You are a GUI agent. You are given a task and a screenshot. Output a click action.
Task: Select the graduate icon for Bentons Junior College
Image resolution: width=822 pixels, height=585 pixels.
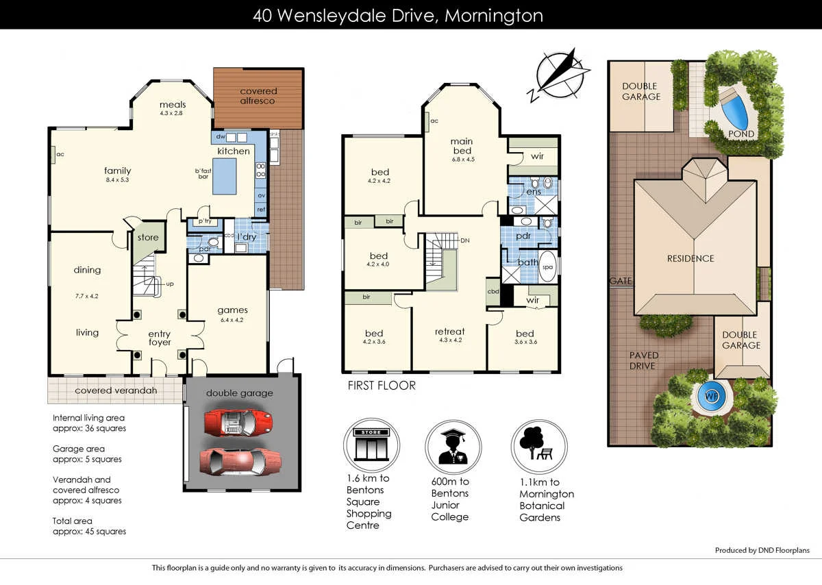[451, 446]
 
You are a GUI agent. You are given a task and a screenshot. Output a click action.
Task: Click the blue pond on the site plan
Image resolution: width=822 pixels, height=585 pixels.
[735, 106]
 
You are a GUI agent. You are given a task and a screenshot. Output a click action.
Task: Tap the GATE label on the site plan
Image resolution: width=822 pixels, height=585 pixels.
[621, 281]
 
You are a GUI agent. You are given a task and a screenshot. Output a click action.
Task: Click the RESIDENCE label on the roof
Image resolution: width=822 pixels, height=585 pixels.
[690, 258]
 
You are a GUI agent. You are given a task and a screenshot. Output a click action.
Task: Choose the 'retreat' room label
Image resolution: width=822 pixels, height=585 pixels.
[449, 332]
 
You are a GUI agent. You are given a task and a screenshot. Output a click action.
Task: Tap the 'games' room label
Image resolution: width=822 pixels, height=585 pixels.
[232, 310]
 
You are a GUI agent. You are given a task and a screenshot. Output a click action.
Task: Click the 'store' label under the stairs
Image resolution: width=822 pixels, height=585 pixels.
[148, 238]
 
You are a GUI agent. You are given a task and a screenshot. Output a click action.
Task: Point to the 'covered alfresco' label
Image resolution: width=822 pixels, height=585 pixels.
[258, 96]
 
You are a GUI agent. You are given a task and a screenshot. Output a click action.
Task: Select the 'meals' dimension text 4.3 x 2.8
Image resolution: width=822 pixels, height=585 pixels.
[171, 113]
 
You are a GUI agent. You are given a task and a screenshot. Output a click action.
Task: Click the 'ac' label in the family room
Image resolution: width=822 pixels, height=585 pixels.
[59, 154]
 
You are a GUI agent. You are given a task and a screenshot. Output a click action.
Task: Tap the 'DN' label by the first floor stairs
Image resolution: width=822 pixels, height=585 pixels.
[465, 240]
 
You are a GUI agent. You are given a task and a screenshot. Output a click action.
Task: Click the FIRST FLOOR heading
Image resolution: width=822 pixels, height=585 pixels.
[382, 386]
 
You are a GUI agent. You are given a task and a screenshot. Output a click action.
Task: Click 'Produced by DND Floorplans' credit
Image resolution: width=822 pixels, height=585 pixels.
[762, 550]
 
